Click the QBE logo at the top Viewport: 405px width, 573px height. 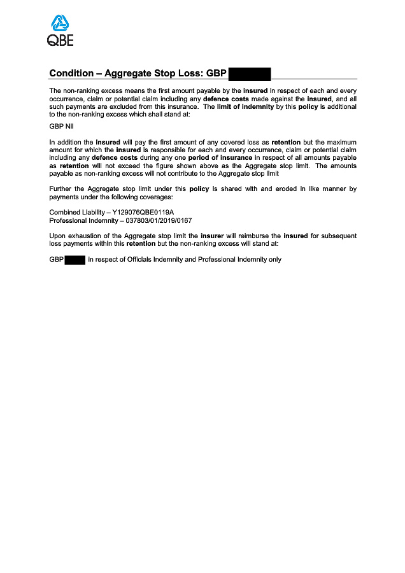tap(60, 32)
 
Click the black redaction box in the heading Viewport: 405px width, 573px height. tap(250, 73)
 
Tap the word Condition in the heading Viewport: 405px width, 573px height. tap(70, 74)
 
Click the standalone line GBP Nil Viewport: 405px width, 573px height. tap(61, 126)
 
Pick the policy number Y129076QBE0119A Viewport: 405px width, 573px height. tap(143, 212)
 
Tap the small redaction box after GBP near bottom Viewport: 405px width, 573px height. tap(75, 260)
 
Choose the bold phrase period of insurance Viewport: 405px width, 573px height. tap(217, 157)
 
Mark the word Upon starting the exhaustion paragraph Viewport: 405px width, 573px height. tap(58, 236)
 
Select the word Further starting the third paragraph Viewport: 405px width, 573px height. tap(62, 189)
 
